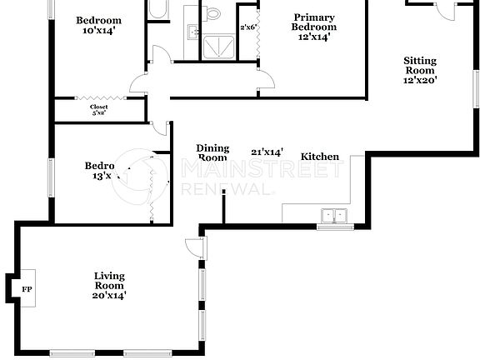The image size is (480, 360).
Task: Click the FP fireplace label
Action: pyautogui.click(x=27, y=288)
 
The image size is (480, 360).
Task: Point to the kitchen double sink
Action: pyautogui.click(x=336, y=215)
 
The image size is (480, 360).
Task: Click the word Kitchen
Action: pyautogui.click(x=320, y=157)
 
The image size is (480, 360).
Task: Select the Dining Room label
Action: pyautogui.click(x=212, y=152)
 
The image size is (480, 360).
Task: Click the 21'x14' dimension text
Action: pyautogui.click(x=267, y=152)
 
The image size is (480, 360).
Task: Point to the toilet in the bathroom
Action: pyautogui.click(x=213, y=12)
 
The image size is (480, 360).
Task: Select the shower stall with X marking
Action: pyautogui.click(x=217, y=45)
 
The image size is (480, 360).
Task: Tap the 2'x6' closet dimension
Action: pyautogui.click(x=247, y=27)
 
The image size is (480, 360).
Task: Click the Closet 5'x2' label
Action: pyautogui.click(x=98, y=110)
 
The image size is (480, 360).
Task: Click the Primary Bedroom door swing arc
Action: pyautogui.click(x=267, y=82)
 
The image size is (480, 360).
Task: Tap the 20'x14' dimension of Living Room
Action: pyautogui.click(x=109, y=295)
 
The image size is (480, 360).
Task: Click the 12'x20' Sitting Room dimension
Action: pyautogui.click(x=420, y=81)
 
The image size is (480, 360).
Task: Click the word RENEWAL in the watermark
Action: pyautogui.click(x=227, y=189)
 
